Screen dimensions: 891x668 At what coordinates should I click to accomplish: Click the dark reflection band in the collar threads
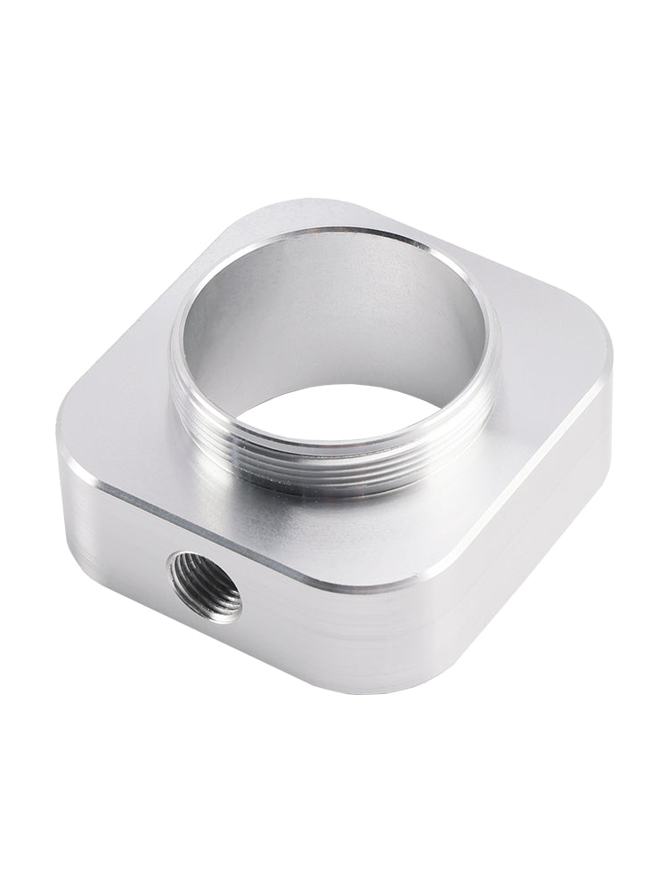pyautogui.click(x=356, y=487)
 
